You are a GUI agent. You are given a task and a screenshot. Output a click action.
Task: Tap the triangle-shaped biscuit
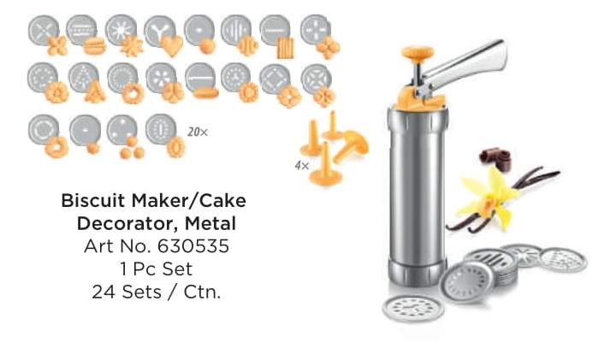[95, 92]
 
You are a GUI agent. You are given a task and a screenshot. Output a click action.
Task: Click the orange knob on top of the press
[417, 54]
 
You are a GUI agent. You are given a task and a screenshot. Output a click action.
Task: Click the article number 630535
[193, 246]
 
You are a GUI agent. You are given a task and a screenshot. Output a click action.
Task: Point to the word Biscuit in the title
[92, 200]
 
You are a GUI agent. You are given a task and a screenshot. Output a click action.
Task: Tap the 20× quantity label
[198, 133]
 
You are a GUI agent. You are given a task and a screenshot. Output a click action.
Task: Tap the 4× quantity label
[302, 166]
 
